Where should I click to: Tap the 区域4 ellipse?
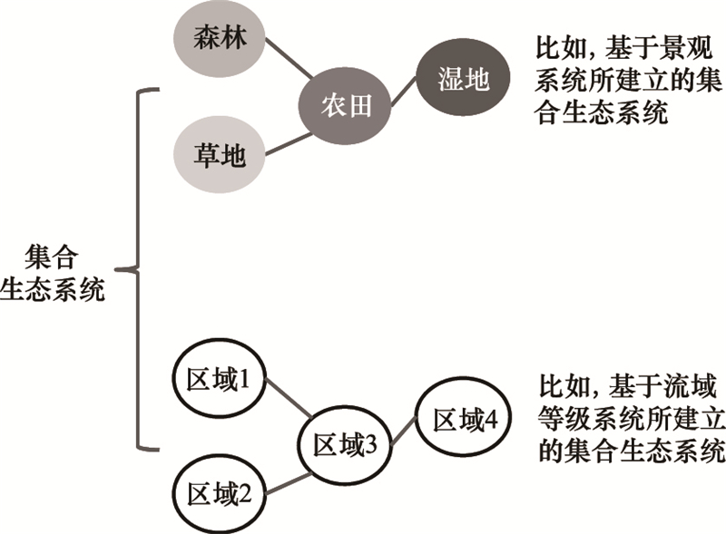point(465,420)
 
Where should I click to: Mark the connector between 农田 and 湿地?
point(404,95)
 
